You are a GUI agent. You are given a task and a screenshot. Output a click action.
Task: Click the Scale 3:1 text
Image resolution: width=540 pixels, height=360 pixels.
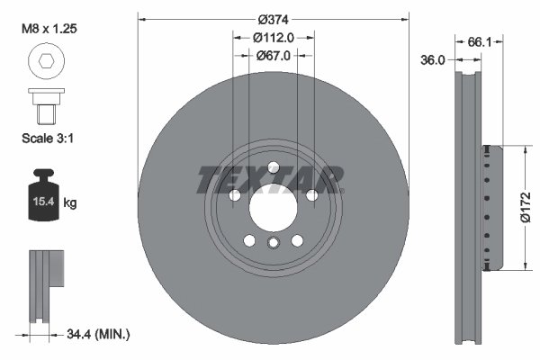tap(47, 139)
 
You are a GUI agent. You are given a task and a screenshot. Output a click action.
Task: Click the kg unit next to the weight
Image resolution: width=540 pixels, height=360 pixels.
tap(70, 203)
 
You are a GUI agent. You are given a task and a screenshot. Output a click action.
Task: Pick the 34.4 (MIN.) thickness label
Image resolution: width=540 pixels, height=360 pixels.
tap(100, 334)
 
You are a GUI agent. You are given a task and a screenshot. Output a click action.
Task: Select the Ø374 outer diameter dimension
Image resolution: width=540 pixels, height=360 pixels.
tap(273, 20)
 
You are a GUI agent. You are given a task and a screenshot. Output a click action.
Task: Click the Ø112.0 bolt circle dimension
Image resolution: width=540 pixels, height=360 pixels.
tap(273, 38)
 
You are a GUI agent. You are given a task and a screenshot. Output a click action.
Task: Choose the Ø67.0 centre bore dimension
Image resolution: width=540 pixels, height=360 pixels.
tap(273, 56)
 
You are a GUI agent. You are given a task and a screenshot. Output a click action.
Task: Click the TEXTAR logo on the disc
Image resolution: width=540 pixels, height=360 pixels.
tap(270, 179)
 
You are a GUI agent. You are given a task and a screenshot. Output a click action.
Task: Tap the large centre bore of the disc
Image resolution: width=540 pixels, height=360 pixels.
tap(272, 208)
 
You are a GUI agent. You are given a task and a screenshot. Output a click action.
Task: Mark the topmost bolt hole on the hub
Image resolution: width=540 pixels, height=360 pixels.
tap(272, 166)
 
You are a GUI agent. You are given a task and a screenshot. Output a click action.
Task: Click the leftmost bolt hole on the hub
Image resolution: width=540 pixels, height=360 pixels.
tap(233, 195)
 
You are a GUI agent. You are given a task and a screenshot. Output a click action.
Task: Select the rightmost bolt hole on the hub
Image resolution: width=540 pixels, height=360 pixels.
tap(311, 195)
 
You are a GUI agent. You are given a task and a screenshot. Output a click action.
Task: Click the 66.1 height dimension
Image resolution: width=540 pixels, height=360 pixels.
tap(481, 41)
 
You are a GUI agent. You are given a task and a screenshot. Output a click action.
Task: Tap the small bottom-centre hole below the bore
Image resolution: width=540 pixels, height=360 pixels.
tap(272, 244)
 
